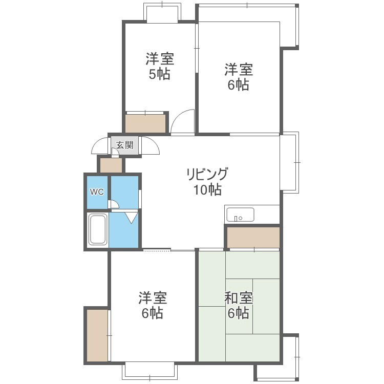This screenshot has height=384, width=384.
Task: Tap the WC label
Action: point(97,192)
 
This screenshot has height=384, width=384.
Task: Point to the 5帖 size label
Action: point(160,75)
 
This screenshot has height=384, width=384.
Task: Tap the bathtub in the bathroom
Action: point(97,230)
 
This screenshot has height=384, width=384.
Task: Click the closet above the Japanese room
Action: point(253,237)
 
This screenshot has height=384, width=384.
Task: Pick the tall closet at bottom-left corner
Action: point(97,335)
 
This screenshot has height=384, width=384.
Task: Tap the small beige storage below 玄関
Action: point(111,165)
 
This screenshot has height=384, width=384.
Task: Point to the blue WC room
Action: point(97,192)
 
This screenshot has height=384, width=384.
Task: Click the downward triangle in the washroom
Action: point(132,218)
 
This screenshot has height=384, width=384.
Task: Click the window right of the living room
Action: point(290,162)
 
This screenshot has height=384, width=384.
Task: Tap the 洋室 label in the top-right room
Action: point(239,68)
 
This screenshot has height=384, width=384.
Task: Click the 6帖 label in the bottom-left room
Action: point(153,313)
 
